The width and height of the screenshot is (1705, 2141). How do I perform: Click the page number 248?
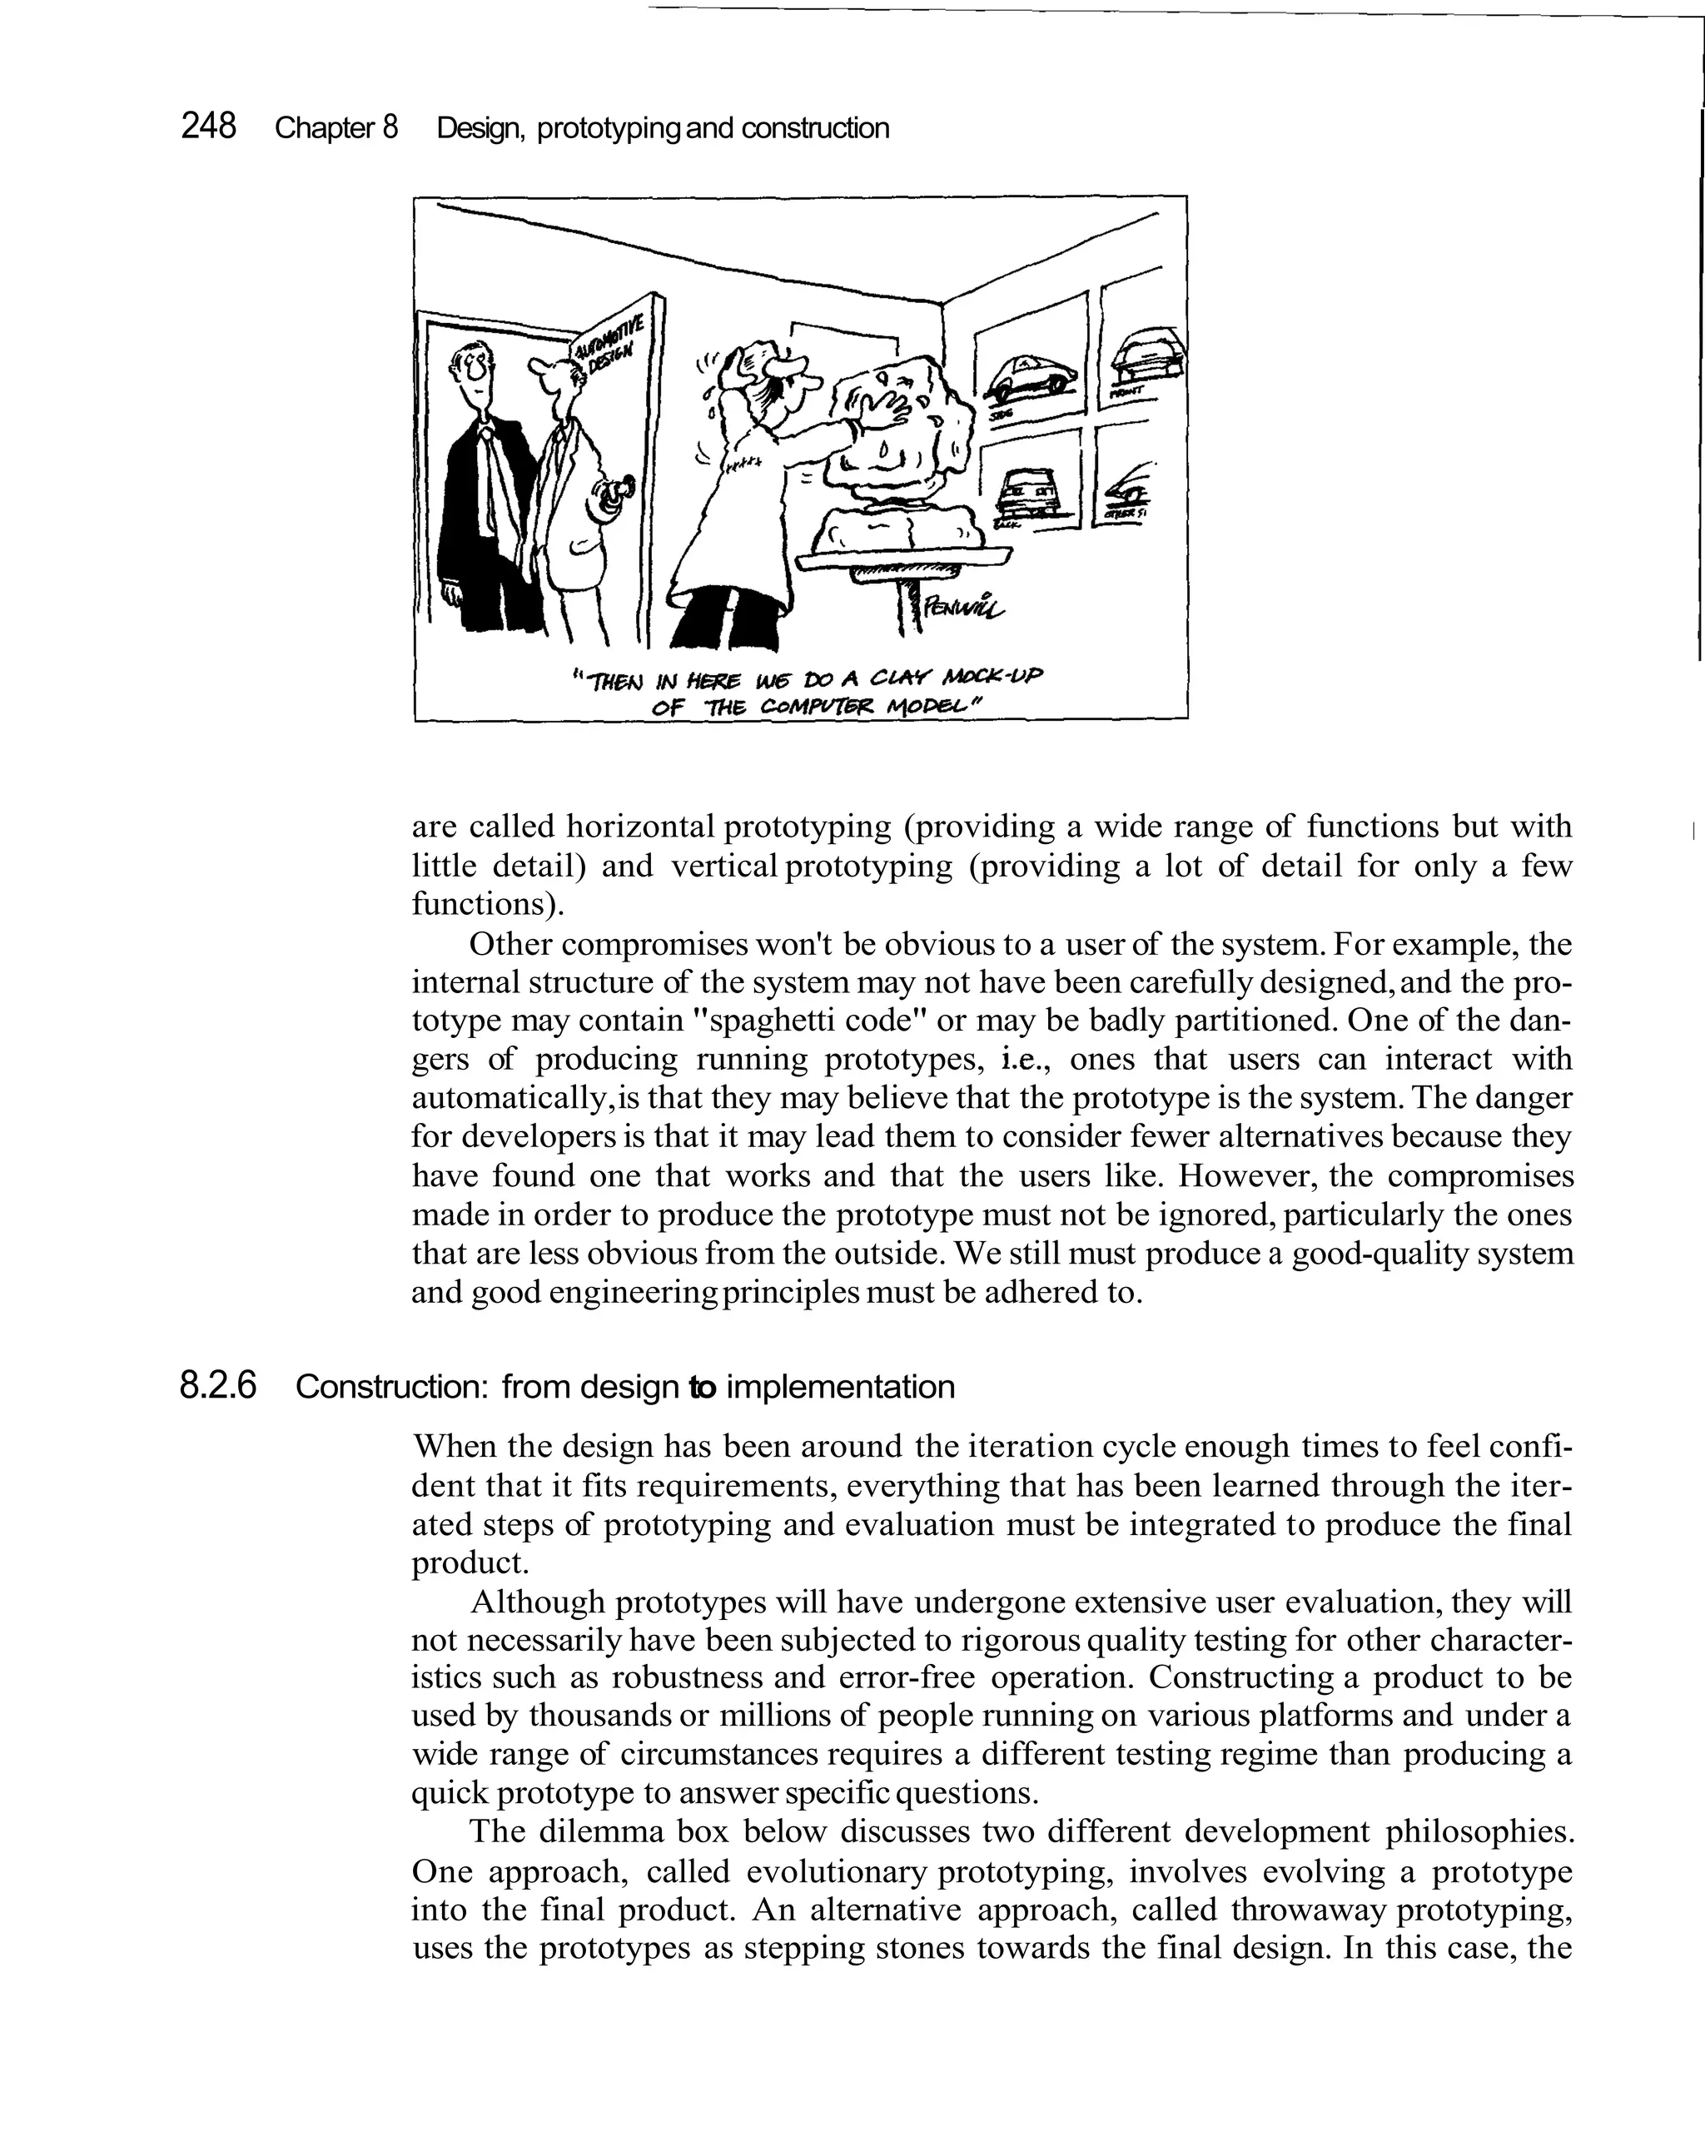tap(208, 127)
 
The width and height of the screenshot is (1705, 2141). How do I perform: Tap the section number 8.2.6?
tap(217, 1385)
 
